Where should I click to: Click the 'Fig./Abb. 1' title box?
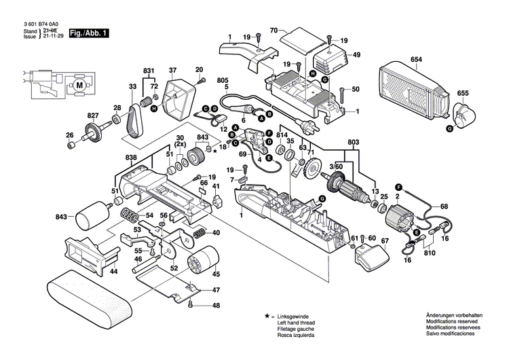click(x=88, y=33)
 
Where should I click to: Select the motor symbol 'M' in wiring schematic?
click(x=80, y=86)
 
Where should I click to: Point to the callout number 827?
click(x=93, y=116)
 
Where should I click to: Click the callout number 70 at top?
click(x=274, y=31)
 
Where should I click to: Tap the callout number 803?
click(x=352, y=141)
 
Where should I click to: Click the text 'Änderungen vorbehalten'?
click(x=454, y=317)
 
